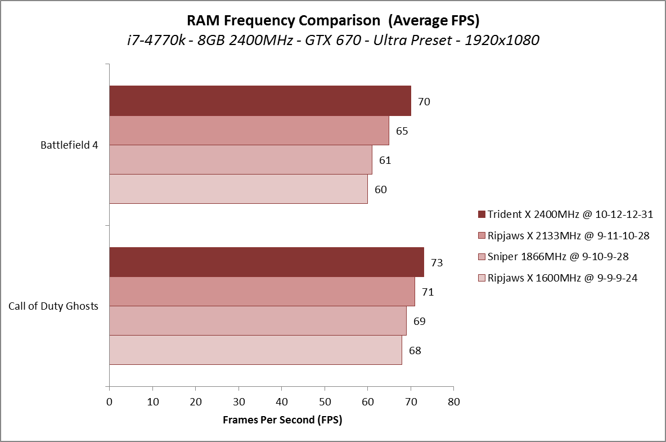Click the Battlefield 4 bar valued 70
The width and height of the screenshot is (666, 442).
pos(260,101)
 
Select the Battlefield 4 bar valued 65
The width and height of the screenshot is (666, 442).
pos(249,131)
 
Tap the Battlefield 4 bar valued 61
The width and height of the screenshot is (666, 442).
pos(241,160)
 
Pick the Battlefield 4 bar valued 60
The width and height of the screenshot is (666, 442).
pos(238,189)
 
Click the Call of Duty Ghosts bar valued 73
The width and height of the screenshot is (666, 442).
pos(267,262)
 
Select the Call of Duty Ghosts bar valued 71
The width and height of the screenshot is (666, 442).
pos(262,292)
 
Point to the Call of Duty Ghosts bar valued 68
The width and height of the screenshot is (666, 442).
pos(255,350)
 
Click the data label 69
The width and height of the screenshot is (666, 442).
pos(419,322)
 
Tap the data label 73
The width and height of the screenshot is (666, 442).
pos(436,263)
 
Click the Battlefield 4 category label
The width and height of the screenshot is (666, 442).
pos(69,145)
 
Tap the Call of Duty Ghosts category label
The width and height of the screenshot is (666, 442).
pos(53,306)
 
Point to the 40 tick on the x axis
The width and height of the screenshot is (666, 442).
pos(281,401)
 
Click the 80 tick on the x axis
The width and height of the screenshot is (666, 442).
pos(453,401)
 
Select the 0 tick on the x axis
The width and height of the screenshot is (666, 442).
pos(109,401)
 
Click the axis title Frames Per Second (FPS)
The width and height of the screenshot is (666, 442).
pos(282,420)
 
